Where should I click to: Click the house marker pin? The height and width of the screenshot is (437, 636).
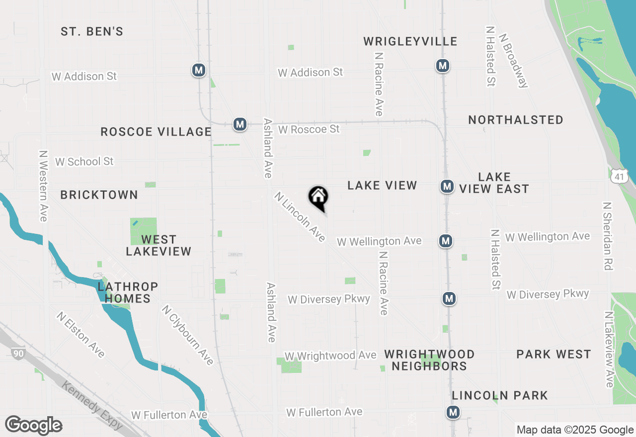318,197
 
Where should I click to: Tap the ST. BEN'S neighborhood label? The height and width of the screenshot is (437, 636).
92,32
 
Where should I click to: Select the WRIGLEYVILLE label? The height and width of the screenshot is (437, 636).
410,41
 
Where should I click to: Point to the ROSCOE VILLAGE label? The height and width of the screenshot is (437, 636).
156,132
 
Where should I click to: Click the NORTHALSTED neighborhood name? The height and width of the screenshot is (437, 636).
516,120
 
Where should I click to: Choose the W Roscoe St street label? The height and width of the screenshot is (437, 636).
309,129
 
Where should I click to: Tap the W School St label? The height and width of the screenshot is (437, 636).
84,161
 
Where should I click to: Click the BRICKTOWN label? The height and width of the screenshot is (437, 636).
99,195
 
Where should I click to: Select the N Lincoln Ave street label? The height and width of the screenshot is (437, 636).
300,217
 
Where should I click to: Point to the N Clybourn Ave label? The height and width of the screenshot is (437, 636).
187,335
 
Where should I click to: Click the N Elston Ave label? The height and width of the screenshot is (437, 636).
81,335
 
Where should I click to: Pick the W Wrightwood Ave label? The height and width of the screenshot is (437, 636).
330,356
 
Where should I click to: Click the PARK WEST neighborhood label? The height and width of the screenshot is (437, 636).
554,355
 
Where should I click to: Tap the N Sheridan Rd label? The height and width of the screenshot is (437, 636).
607,236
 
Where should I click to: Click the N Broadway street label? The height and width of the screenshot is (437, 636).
513,61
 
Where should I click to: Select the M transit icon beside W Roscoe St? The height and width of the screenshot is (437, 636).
240,124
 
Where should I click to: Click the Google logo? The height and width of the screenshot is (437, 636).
34,426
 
